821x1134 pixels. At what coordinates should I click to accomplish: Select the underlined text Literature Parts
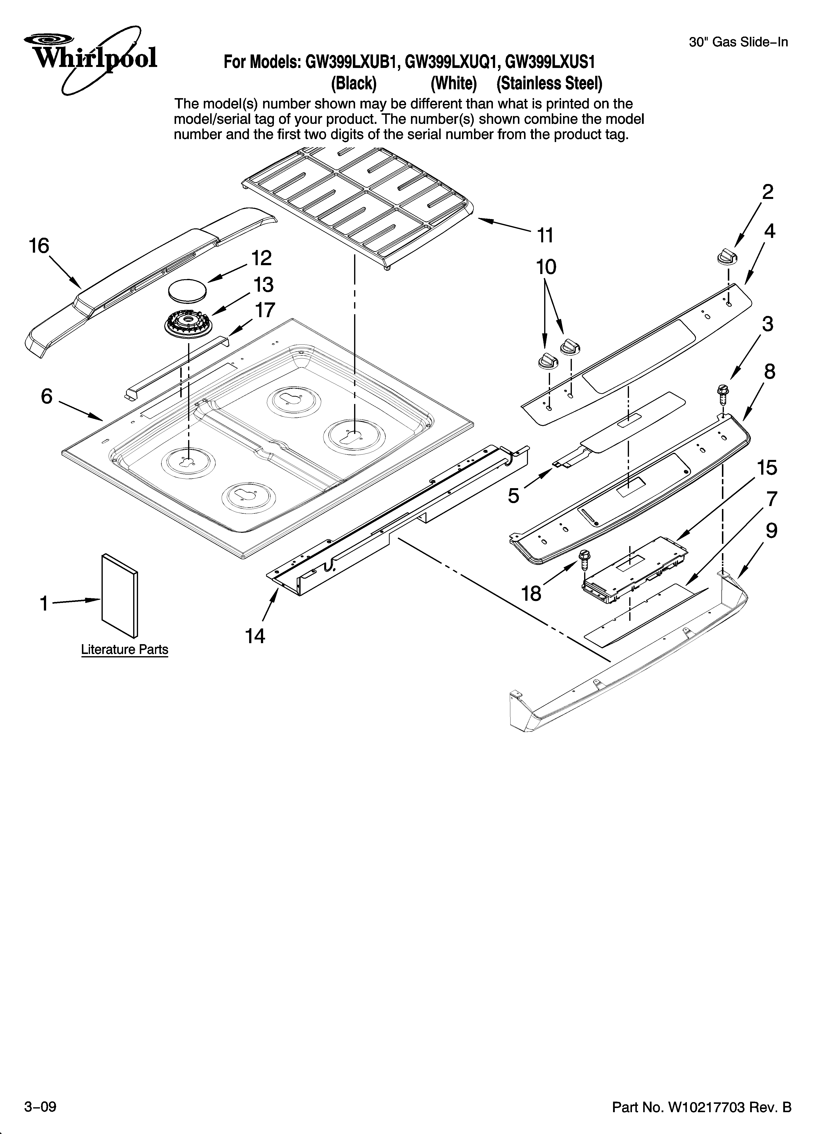[x=125, y=650]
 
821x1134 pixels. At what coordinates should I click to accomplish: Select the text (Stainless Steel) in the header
[x=549, y=83]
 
